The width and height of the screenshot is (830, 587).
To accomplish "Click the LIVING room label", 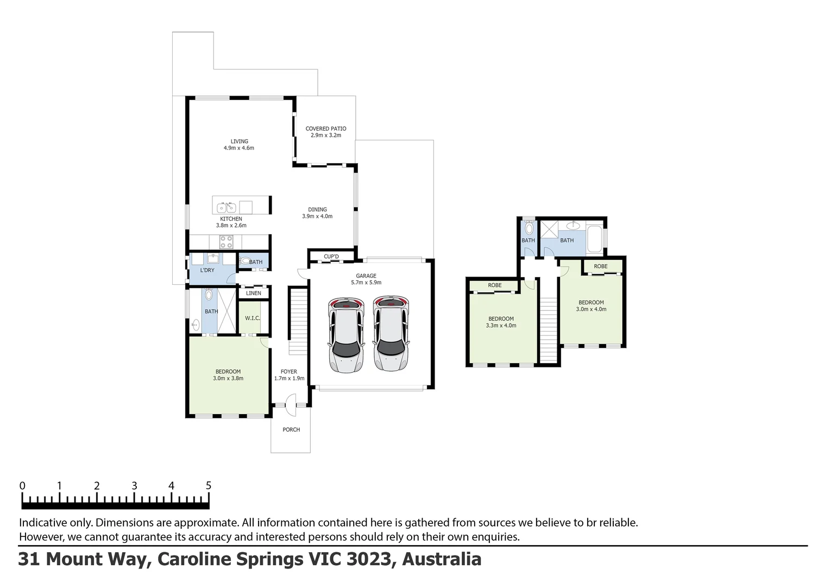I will click(x=239, y=141).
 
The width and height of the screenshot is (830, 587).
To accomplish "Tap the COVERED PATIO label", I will click(x=325, y=129).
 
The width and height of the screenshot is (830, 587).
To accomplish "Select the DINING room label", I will click(x=317, y=209).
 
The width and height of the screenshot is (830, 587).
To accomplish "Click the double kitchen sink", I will click(x=225, y=207).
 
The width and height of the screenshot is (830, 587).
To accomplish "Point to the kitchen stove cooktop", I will click(x=226, y=241).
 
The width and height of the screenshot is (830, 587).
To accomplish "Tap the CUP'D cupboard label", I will click(x=331, y=257).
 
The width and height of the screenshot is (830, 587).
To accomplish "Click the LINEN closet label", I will click(x=254, y=293).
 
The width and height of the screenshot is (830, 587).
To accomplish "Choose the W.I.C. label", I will click(x=252, y=318).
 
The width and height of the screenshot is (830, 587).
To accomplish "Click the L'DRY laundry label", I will click(x=207, y=270).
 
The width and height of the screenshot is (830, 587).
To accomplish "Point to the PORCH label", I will click(x=291, y=429).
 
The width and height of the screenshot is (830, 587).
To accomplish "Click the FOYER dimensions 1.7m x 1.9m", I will click(x=289, y=378).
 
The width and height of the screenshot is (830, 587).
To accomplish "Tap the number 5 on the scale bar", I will click(x=208, y=485).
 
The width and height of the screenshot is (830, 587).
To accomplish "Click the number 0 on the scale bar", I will click(x=22, y=485).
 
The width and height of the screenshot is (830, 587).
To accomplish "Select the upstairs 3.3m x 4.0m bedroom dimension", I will click(x=501, y=326).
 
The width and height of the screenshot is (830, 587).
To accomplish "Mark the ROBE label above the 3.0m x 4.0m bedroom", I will click(x=600, y=266).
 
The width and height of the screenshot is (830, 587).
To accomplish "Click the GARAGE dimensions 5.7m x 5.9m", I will click(x=366, y=283).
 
